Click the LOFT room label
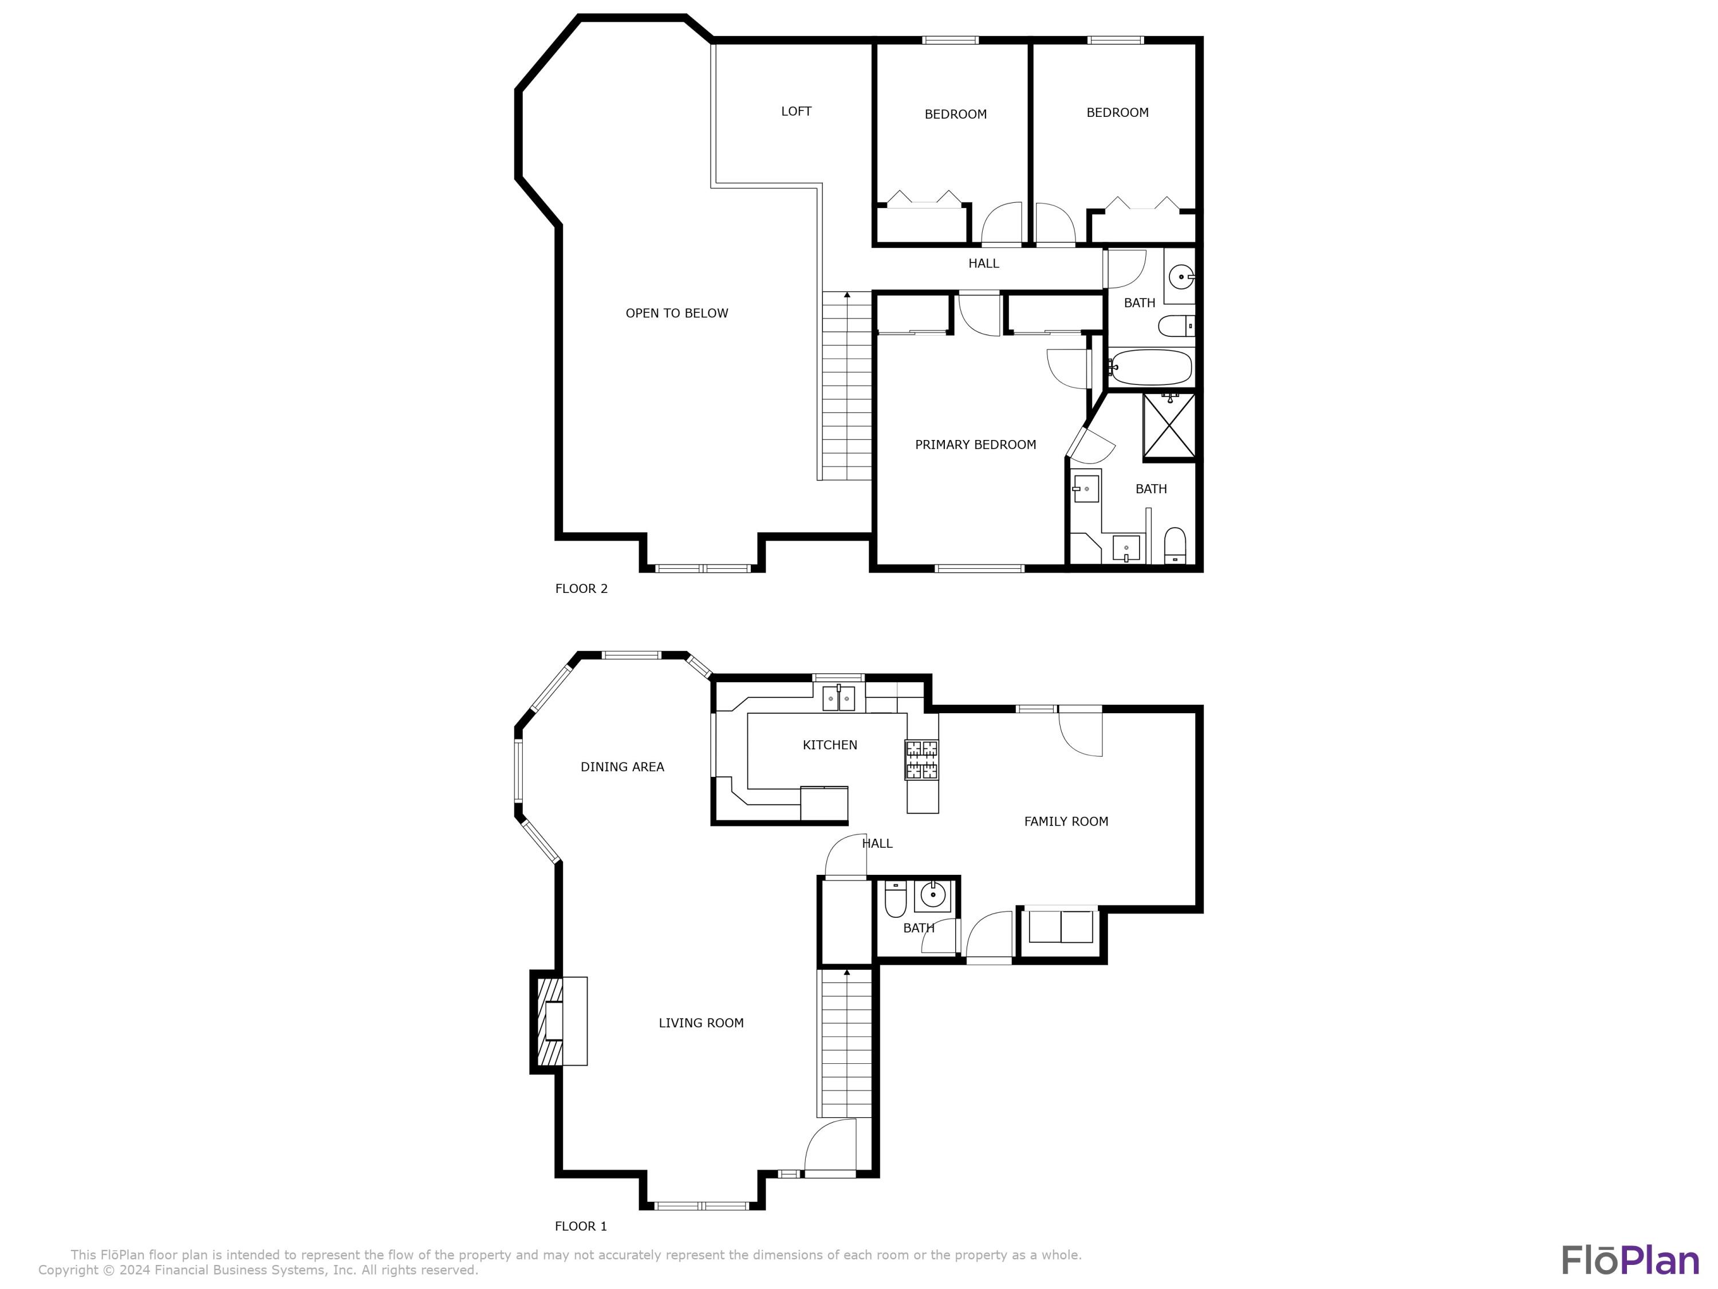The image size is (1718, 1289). pyautogui.click(x=796, y=112)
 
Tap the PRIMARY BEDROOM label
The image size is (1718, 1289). pyautogui.click(x=975, y=445)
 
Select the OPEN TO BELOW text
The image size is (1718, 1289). pyautogui.click(x=676, y=313)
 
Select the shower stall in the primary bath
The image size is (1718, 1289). pyautogui.click(x=1169, y=426)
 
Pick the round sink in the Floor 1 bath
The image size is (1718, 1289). pyautogui.click(x=932, y=896)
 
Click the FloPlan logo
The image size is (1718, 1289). pyautogui.click(x=1629, y=1260)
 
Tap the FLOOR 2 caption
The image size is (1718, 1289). pyautogui.click(x=581, y=589)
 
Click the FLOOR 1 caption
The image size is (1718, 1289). pyautogui.click(x=580, y=1226)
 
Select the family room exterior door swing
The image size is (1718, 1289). pyautogui.click(x=1081, y=732)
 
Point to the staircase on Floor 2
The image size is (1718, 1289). pyautogui.click(x=846, y=386)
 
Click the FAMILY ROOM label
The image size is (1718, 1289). pyautogui.click(x=1066, y=822)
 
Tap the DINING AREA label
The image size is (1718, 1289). pyautogui.click(x=622, y=767)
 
